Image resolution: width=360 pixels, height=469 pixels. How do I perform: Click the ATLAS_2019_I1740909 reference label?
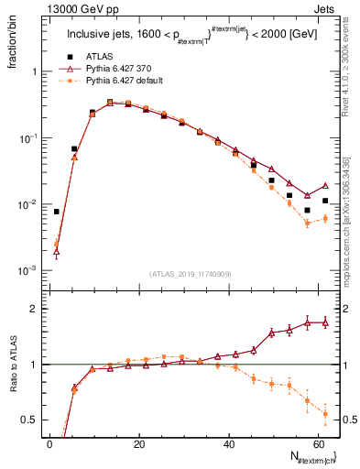[x=190, y=274]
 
